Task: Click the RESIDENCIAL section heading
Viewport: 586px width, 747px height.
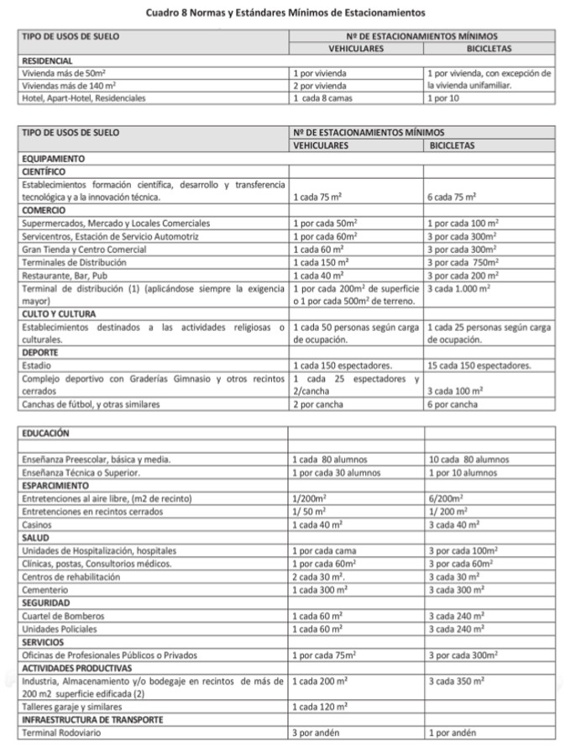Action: (x=47, y=61)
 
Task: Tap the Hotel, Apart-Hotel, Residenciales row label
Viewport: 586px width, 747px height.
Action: (x=83, y=97)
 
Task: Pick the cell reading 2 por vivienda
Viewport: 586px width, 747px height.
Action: (x=320, y=86)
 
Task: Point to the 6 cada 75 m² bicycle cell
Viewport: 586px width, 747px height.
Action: (x=452, y=197)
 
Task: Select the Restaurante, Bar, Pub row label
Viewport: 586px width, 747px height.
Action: (x=71, y=275)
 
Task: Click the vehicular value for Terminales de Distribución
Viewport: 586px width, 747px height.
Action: (x=320, y=262)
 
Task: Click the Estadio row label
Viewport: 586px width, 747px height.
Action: (x=36, y=366)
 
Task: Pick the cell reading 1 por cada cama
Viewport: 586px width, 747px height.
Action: (x=324, y=551)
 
